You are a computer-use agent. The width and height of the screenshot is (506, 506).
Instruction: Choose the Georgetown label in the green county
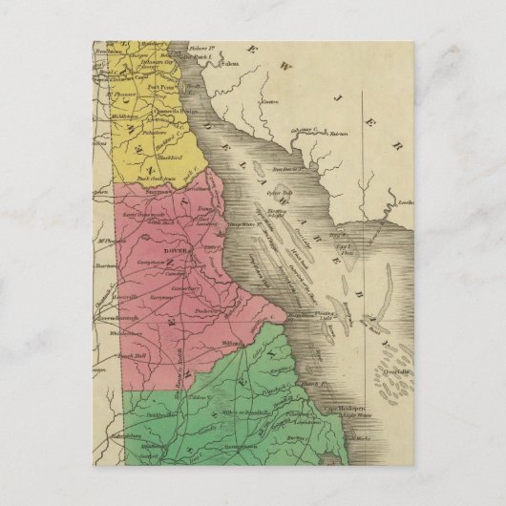242,446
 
